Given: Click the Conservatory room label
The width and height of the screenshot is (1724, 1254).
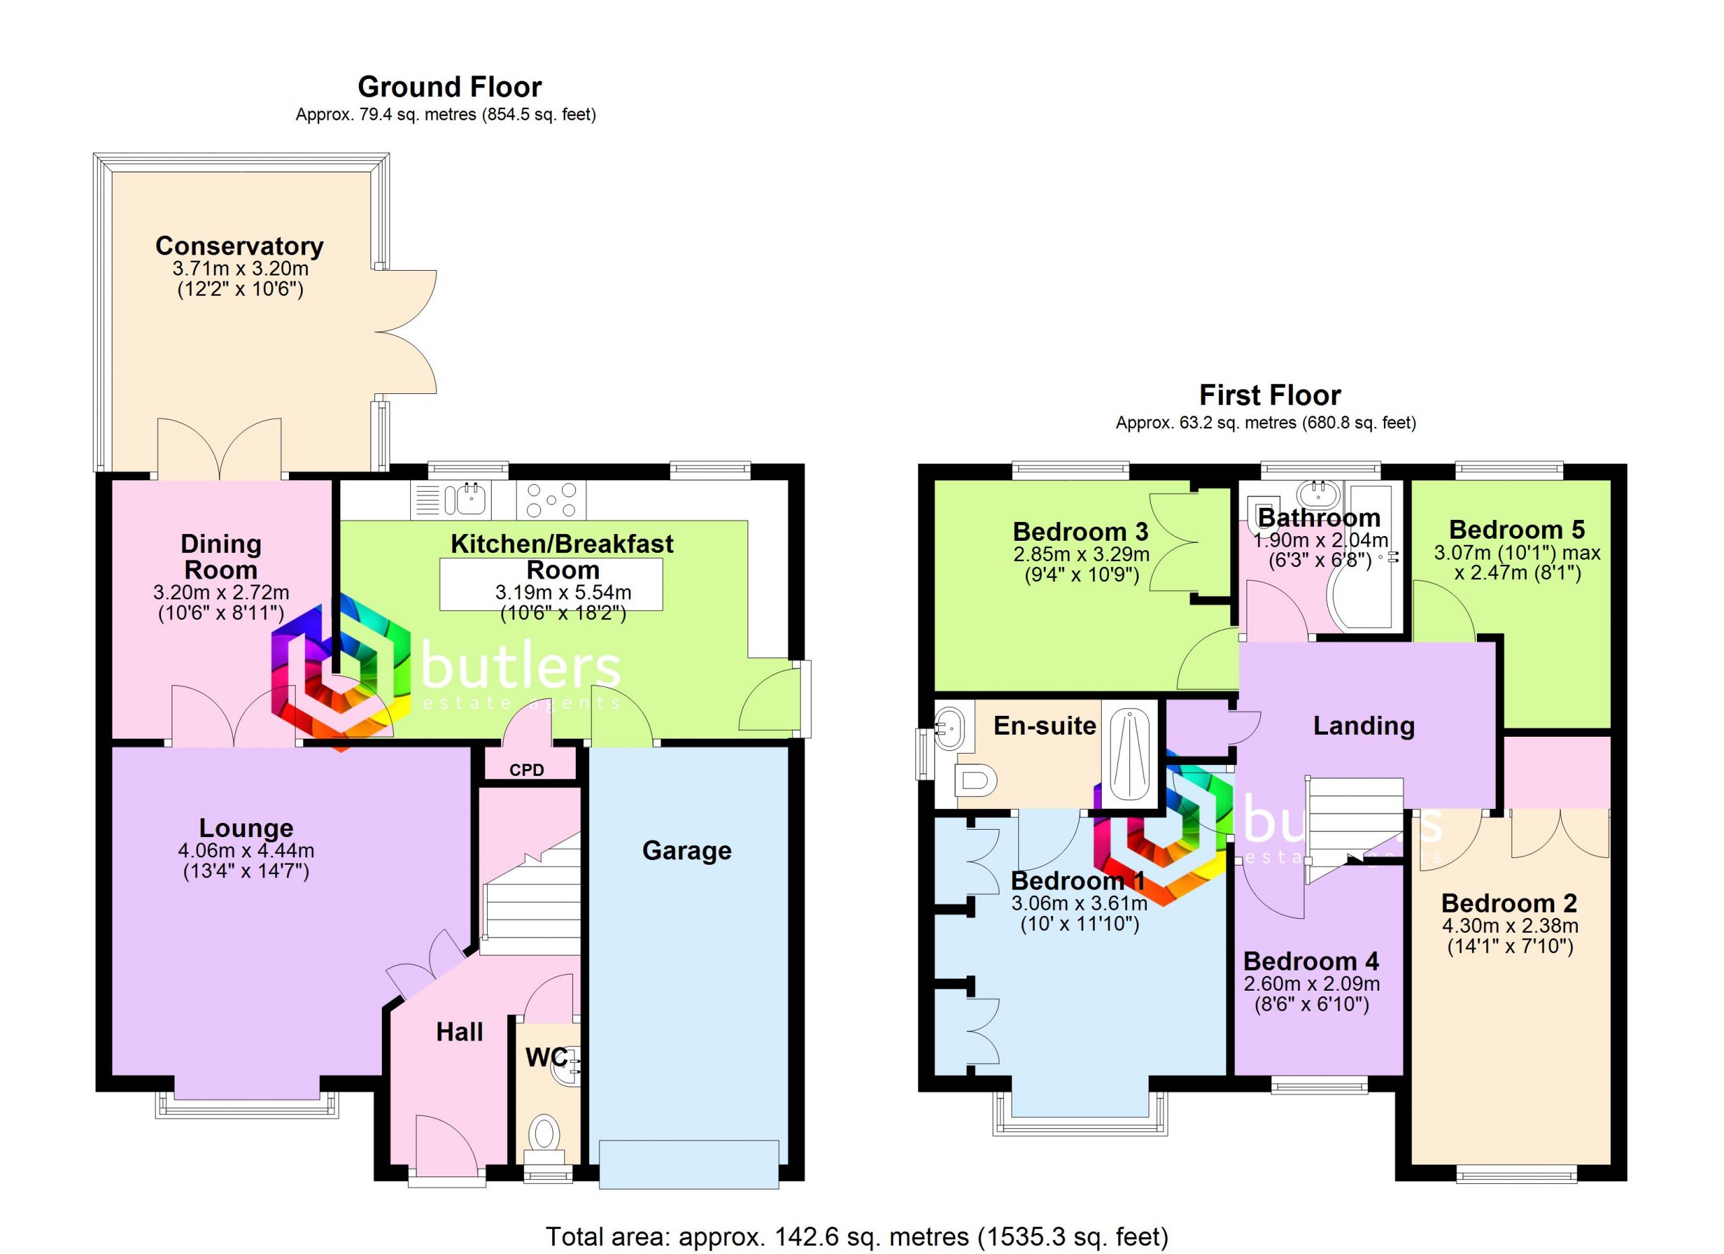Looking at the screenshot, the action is (240, 246).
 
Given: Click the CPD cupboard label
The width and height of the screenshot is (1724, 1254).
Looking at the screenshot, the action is (527, 770).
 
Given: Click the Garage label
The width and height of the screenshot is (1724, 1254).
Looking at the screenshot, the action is (686, 851).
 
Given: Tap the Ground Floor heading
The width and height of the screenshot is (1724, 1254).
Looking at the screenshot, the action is (450, 88).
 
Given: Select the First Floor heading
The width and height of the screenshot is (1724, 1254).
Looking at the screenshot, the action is (1270, 395).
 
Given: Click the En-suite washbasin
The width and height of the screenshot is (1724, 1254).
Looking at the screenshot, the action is (950, 727).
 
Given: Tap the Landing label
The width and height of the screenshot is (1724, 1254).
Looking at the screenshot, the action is (1364, 726).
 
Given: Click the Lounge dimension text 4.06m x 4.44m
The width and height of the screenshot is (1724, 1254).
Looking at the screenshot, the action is (246, 851).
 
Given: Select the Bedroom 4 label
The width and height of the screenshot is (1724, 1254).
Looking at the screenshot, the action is (1311, 962).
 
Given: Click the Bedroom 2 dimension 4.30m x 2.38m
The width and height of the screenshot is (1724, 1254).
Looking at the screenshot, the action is (1510, 925).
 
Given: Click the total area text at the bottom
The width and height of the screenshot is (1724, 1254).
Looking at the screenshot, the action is (857, 1237).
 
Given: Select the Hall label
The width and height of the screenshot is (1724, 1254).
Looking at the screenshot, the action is (459, 1032).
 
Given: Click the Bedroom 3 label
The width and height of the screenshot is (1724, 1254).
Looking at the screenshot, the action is (1080, 531).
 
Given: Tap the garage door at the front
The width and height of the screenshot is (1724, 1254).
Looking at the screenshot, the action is (689, 1164).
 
